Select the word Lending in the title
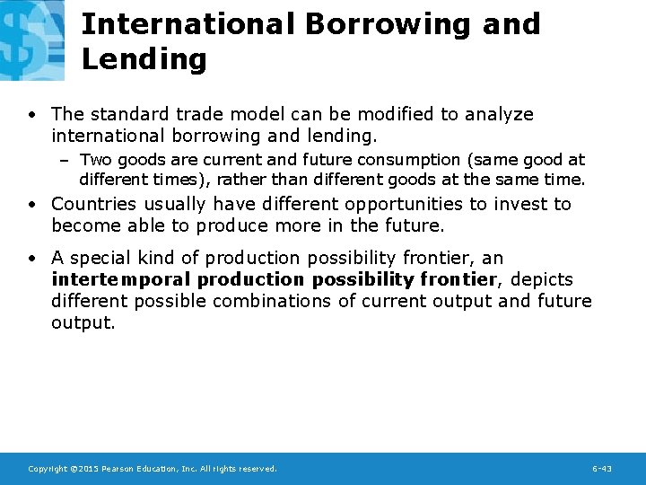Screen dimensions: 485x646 click(x=144, y=59)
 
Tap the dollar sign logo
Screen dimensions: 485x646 click(x=31, y=40)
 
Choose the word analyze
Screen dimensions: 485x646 click(x=497, y=114)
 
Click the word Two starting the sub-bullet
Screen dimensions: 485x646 click(x=93, y=160)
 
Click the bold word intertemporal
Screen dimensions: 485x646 click(x=121, y=279)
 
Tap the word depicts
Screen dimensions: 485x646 click(x=541, y=279)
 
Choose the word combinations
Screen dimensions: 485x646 click(x=274, y=301)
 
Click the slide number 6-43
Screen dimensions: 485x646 click(x=602, y=469)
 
